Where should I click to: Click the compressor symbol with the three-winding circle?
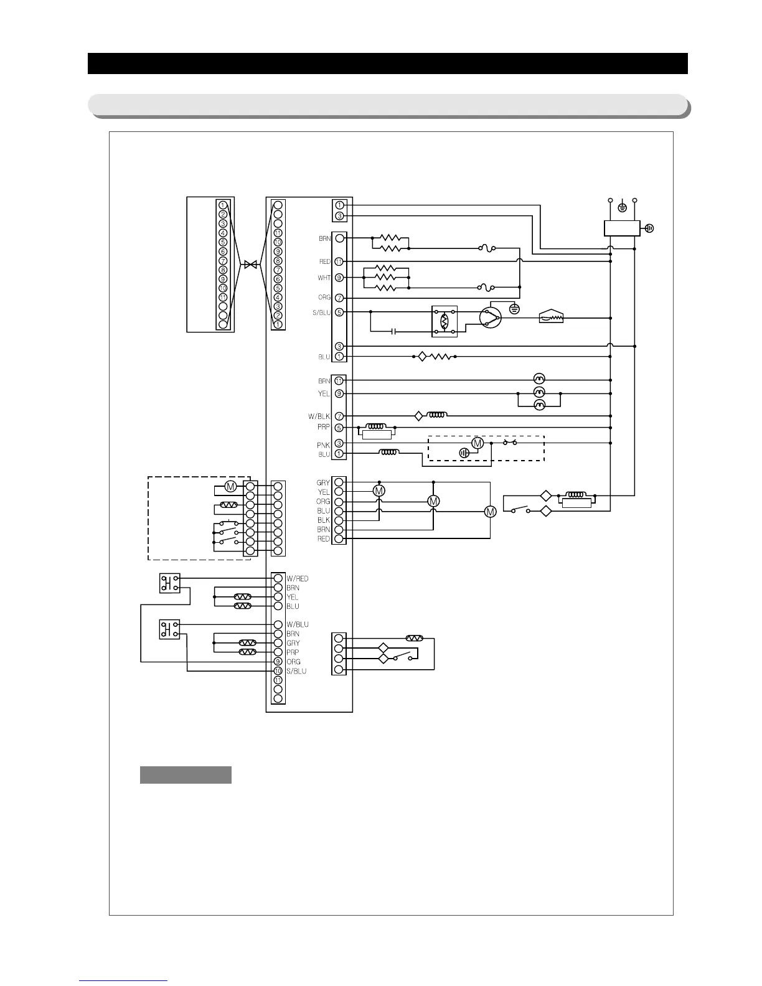(491, 317)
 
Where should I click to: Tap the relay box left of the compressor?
(444, 321)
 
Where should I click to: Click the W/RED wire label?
(298, 579)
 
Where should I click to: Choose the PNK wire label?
(323, 445)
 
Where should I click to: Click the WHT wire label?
(324, 278)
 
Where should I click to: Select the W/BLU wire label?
(298, 624)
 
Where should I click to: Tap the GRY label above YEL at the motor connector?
(323, 483)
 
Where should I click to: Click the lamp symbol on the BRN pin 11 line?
(540, 379)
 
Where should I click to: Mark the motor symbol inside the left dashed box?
(230, 486)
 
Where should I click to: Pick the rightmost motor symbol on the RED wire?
(491, 512)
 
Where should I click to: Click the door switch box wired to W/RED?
(169, 583)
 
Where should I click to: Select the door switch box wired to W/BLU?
(169, 629)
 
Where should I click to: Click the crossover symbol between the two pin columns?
(250, 265)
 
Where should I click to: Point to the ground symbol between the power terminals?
(621, 206)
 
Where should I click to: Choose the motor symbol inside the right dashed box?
(477, 443)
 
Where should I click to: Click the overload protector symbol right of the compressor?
(551, 317)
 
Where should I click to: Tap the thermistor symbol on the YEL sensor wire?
(242, 597)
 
